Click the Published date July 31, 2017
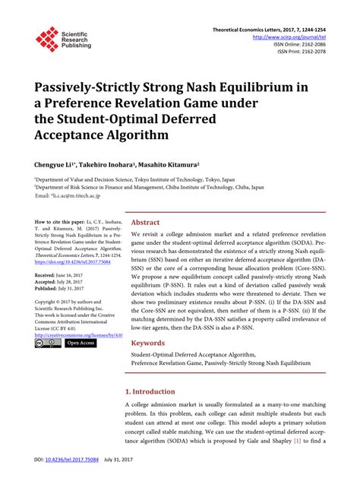[75, 288]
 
